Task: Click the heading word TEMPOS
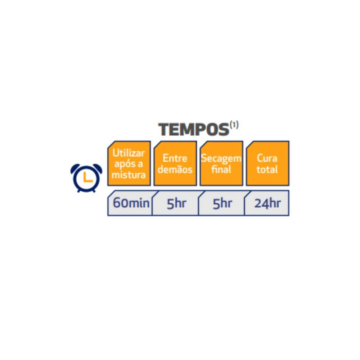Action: (x=194, y=130)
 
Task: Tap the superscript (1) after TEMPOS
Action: (x=234, y=125)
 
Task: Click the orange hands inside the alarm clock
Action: (x=87, y=178)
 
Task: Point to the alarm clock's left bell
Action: (x=75, y=168)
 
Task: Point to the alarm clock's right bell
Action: (x=97, y=168)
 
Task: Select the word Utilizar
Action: (x=129, y=153)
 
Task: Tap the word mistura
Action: (x=129, y=175)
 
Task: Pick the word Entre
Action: (x=175, y=158)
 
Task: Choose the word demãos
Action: (x=175, y=170)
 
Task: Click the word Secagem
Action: (x=221, y=159)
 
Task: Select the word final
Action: (x=221, y=170)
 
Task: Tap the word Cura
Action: (x=267, y=158)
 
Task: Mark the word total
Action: (x=267, y=170)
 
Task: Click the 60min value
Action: (x=131, y=203)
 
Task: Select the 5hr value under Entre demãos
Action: (x=176, y=203)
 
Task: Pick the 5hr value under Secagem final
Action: (x=222, y=203)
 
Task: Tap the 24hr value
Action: (x=267, y=203)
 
